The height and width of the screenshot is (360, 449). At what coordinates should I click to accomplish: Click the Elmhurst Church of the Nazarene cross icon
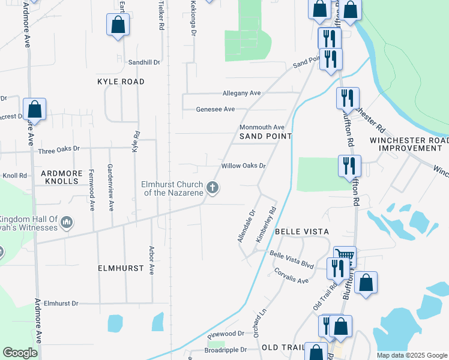point(212,188)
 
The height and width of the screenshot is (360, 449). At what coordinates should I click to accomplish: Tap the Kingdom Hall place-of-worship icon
point(67,223)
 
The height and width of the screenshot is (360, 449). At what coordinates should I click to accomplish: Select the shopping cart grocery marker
point(345,257)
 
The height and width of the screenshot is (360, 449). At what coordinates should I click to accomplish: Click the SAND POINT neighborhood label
point(265,137)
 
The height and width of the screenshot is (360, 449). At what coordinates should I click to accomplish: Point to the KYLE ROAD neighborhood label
point(121,81)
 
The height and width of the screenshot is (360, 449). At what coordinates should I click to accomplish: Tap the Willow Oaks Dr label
point(243,166)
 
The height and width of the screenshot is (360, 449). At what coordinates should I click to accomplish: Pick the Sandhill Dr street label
point(145,62)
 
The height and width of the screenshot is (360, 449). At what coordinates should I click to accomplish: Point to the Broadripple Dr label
point(226,350)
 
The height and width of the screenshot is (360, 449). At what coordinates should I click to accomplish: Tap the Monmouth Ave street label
point(262,127)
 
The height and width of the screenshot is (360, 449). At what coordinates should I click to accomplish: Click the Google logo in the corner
point(20,353)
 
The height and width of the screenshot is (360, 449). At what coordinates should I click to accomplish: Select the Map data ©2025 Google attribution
point(412,355)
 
